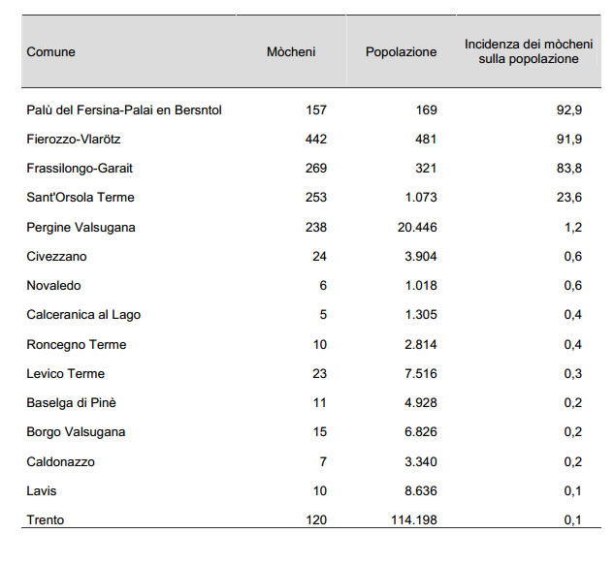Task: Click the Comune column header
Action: click(x=50, y=52)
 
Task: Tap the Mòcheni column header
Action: click(x=291, y=51)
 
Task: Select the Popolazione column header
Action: click(x=401, y=52)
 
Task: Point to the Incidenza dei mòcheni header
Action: click(x=529, y=51)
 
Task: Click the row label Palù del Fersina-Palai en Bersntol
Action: click(x=124, y=110)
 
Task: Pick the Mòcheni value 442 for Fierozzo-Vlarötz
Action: click(x=316, y=140)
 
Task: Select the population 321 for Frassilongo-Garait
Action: click(x=426, y=169)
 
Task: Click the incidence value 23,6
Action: click(x=569, y=197)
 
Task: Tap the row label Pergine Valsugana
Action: click(x=81, y=228)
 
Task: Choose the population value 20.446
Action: click(x=417, y=228)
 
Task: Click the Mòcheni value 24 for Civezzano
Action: click(x=319, y=256)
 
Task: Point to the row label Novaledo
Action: click(x=53, y=286)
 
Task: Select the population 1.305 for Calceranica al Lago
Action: click(x=421, y=315)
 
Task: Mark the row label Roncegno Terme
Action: click(x=77, y=345)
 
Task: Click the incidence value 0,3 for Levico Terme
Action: click(x=573, y=374)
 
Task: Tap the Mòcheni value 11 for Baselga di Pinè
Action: click(x=319, y=402)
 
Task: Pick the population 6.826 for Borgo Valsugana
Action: click(x=421, y=432)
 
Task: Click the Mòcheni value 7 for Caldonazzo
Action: click(x=323, y=461)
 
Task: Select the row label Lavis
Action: click(x=42, y=491)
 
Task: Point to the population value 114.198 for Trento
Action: click(x=414, y=520)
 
